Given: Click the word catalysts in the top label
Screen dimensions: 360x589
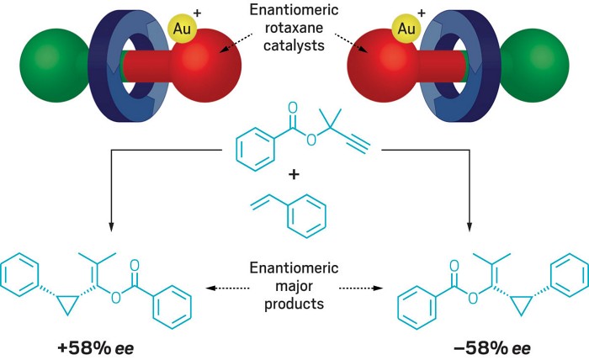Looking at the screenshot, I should coord(294,49).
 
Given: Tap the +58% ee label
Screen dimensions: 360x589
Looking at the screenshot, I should coord(98,344).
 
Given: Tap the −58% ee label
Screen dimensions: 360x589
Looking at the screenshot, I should coord(491,344).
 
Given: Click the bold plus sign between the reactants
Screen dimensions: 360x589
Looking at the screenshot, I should coord(294,175).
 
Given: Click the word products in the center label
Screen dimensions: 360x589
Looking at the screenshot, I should coord(294,303).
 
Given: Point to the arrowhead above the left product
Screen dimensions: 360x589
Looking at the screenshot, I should coord(109,225).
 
